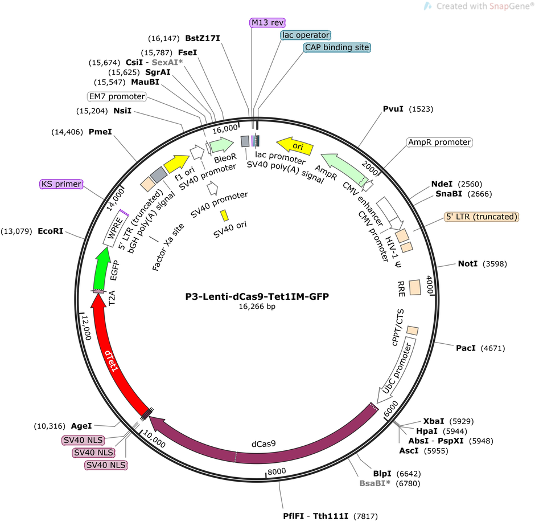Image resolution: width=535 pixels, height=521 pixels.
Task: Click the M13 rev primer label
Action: pyautogui.click(x=267, y=23)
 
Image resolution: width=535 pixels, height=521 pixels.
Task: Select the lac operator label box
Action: pyautogui.click(x=306, y=35)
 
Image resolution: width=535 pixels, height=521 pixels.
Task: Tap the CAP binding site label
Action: pyautogui.click(x=337, y=47)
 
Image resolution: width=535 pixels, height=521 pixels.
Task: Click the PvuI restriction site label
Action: pyautogui.click(x=393, y=109)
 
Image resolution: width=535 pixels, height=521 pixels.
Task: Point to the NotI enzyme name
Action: pyautogui.click(x=468, y=263)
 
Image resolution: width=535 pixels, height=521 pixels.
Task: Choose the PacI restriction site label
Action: pyautogui.click(x=466, y=348)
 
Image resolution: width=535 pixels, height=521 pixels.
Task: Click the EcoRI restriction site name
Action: pyautogui.click(x=51, y=231)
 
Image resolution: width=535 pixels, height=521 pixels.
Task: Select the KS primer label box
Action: pyautogui.click(x=61, y=184)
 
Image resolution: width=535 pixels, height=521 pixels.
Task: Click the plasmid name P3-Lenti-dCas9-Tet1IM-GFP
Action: pyautogui.click(x=257, y=296)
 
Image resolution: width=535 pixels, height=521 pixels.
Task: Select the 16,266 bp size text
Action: pyautogui.click(x=257, y=307)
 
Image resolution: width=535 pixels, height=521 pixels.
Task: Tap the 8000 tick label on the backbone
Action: pyautogui.click(x=277, y=471)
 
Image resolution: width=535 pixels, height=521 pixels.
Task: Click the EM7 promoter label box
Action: pyautogui.click(x=117, y=96)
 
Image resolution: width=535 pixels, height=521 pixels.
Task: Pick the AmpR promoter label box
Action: pyautogui.click(x=439, y=142)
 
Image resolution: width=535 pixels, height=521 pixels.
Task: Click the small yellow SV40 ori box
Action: pyautogui.click(x=224, y=215)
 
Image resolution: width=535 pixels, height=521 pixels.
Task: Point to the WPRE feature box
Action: pyautogui.click(x=116, y=228)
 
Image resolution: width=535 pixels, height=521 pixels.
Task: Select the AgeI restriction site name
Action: pyautogui.click(x=81, y=426)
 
